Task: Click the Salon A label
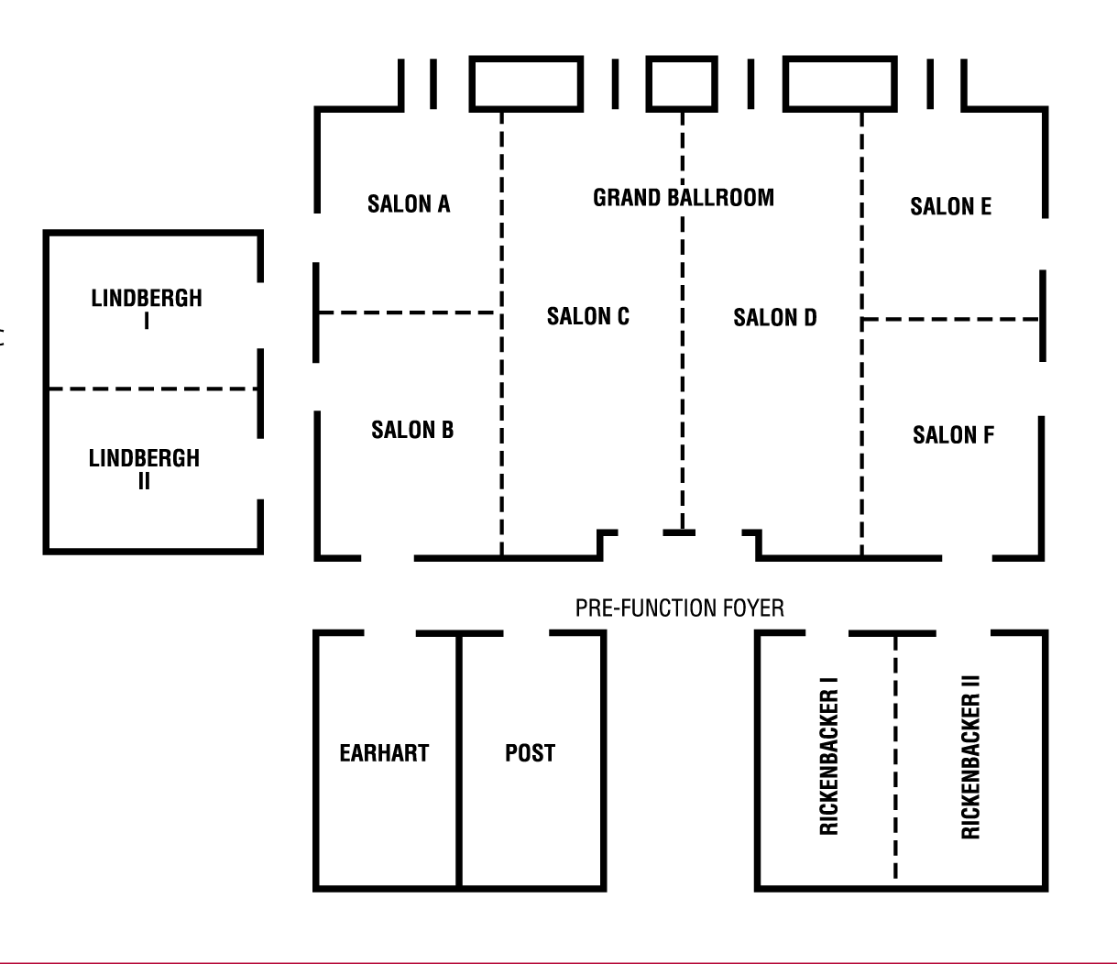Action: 409,203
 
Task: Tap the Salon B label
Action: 412,430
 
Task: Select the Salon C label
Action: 587,316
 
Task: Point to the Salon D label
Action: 774,318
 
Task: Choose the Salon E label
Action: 950,206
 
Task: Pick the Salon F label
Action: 953,434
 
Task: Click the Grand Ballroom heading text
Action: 683,197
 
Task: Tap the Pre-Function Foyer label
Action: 679,608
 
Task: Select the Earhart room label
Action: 384,753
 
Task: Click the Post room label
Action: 530,753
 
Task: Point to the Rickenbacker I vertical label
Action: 829,757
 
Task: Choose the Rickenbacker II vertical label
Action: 970,757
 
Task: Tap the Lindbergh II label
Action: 144,468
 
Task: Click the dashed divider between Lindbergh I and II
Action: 152,389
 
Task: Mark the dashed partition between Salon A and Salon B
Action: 408,313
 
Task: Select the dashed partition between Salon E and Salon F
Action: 950,319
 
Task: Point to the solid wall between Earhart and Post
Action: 459,761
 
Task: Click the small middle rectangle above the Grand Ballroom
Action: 682,83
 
